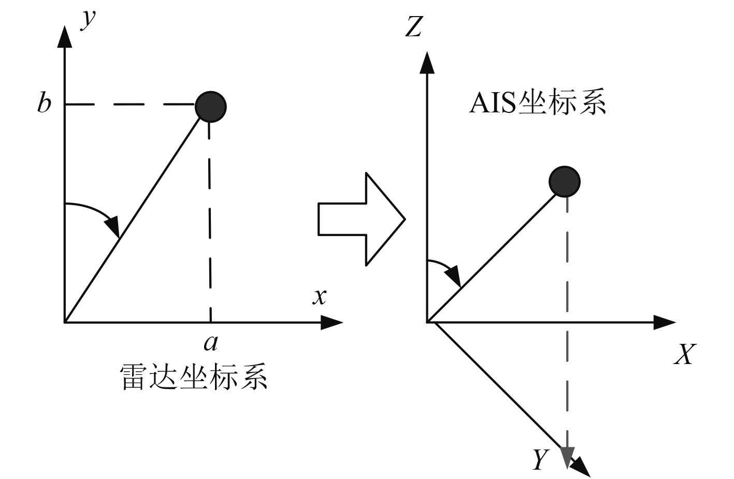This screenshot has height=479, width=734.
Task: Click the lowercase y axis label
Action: point(90,19)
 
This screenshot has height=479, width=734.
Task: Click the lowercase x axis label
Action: point(320,296)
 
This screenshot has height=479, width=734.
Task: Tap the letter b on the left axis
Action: point(44,103)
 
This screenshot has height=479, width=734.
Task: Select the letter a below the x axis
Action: point(210,342)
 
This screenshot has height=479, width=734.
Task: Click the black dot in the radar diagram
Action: point(210,107)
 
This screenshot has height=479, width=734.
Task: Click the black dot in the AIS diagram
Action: point(565,182)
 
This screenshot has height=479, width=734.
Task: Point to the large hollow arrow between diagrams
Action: point(361,219)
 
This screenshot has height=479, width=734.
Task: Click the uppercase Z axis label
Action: point(413,27)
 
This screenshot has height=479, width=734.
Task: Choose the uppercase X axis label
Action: point(684,355)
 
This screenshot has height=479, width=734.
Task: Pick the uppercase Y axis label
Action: point(540,459)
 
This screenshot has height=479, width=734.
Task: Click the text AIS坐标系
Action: point(537,103)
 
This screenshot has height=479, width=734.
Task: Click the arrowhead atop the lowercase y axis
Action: point(64,36)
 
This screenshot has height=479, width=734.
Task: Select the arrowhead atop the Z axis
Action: point(427,62)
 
